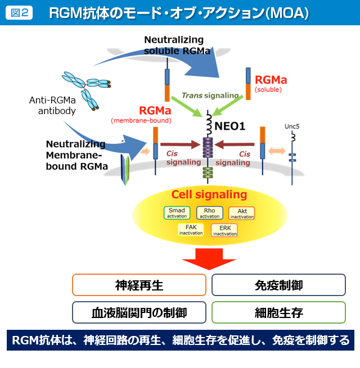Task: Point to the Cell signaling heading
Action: pos(209,195)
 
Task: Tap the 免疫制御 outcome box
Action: pos(278,285)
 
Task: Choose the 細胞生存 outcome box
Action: pos(278,312)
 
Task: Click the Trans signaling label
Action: pos(209,96)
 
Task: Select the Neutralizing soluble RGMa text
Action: pos(177,45)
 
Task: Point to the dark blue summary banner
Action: pos(180,340)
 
